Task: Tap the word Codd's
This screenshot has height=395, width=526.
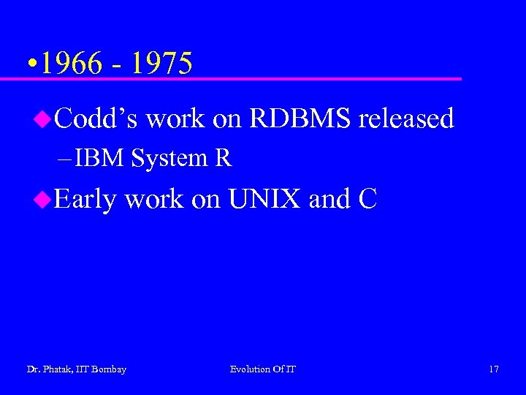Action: coord(96,118)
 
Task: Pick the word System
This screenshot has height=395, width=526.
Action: coord(169,158)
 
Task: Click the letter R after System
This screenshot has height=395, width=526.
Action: coord(223,158)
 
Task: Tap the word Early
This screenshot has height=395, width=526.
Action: coord(85,199)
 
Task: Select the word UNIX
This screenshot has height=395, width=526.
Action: coord(264,199)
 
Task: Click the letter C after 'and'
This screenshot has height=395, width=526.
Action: coord(367,199)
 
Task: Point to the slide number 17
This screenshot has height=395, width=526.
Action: coord(494,369)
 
